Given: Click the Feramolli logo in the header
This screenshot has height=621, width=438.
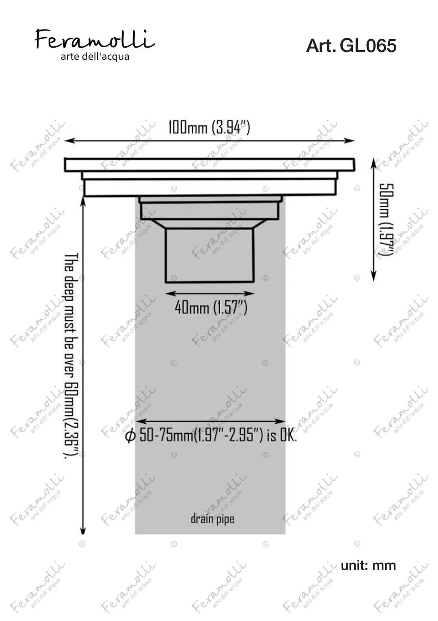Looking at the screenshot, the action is pos(95,39).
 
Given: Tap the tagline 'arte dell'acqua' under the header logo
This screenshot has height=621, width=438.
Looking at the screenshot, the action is pos(95,57).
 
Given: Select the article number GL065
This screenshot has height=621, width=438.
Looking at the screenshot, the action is pos(368,46).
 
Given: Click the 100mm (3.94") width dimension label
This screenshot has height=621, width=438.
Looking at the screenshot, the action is pos(209,127).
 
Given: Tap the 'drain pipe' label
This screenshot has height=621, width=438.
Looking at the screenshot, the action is pos(212,519).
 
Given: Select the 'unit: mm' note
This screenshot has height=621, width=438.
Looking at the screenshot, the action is pos(368,565).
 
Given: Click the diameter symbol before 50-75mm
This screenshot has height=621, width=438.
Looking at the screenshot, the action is pos(130,437).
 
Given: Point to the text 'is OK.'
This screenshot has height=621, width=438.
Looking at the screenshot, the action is pos(282,436).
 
